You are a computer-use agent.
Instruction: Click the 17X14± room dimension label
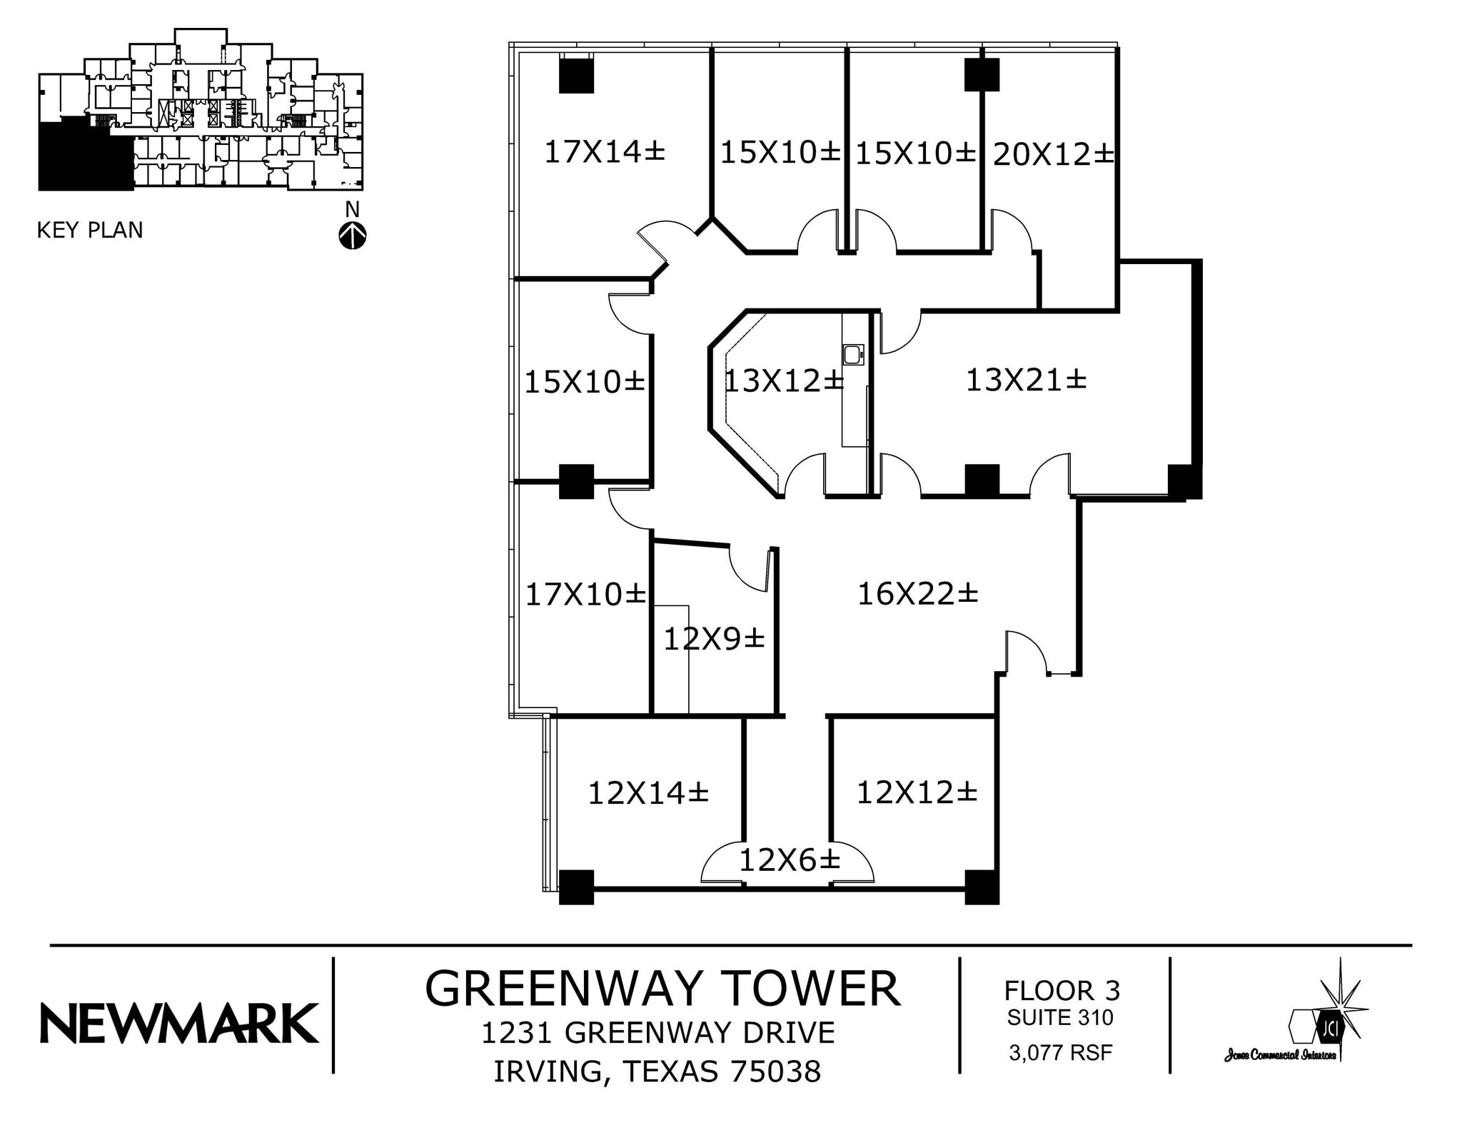(x=604, y=152)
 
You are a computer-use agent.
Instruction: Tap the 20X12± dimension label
(x=1053, y=154)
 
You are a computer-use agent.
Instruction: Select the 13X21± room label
(x=1025, y=380)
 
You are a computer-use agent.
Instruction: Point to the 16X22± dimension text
(x=917, y=594)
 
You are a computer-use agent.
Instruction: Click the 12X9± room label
(x=714, y=639)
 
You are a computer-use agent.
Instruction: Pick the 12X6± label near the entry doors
(x=789, y=861)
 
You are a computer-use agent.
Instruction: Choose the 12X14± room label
(x=647, y=793)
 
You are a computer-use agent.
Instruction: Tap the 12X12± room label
(x=916, y=792)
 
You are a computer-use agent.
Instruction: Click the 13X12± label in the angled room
(x=783, y=381)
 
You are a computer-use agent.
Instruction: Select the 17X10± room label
(x=585, y=594)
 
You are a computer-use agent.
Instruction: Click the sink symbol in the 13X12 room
(x=853, y=354)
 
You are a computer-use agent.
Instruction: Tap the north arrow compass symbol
(x=352, y=236)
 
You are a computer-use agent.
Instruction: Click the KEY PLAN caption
(x=90, y=231)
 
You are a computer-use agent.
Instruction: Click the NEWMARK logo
(x=178, y=1023)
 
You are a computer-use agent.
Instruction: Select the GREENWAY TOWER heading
(x=662, y=989)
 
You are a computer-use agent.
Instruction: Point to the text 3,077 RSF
(x=1060, y=1052)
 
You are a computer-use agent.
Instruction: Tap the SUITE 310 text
(x=1060, y=1017)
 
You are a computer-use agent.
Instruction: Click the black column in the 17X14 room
(x=576, y=76)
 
